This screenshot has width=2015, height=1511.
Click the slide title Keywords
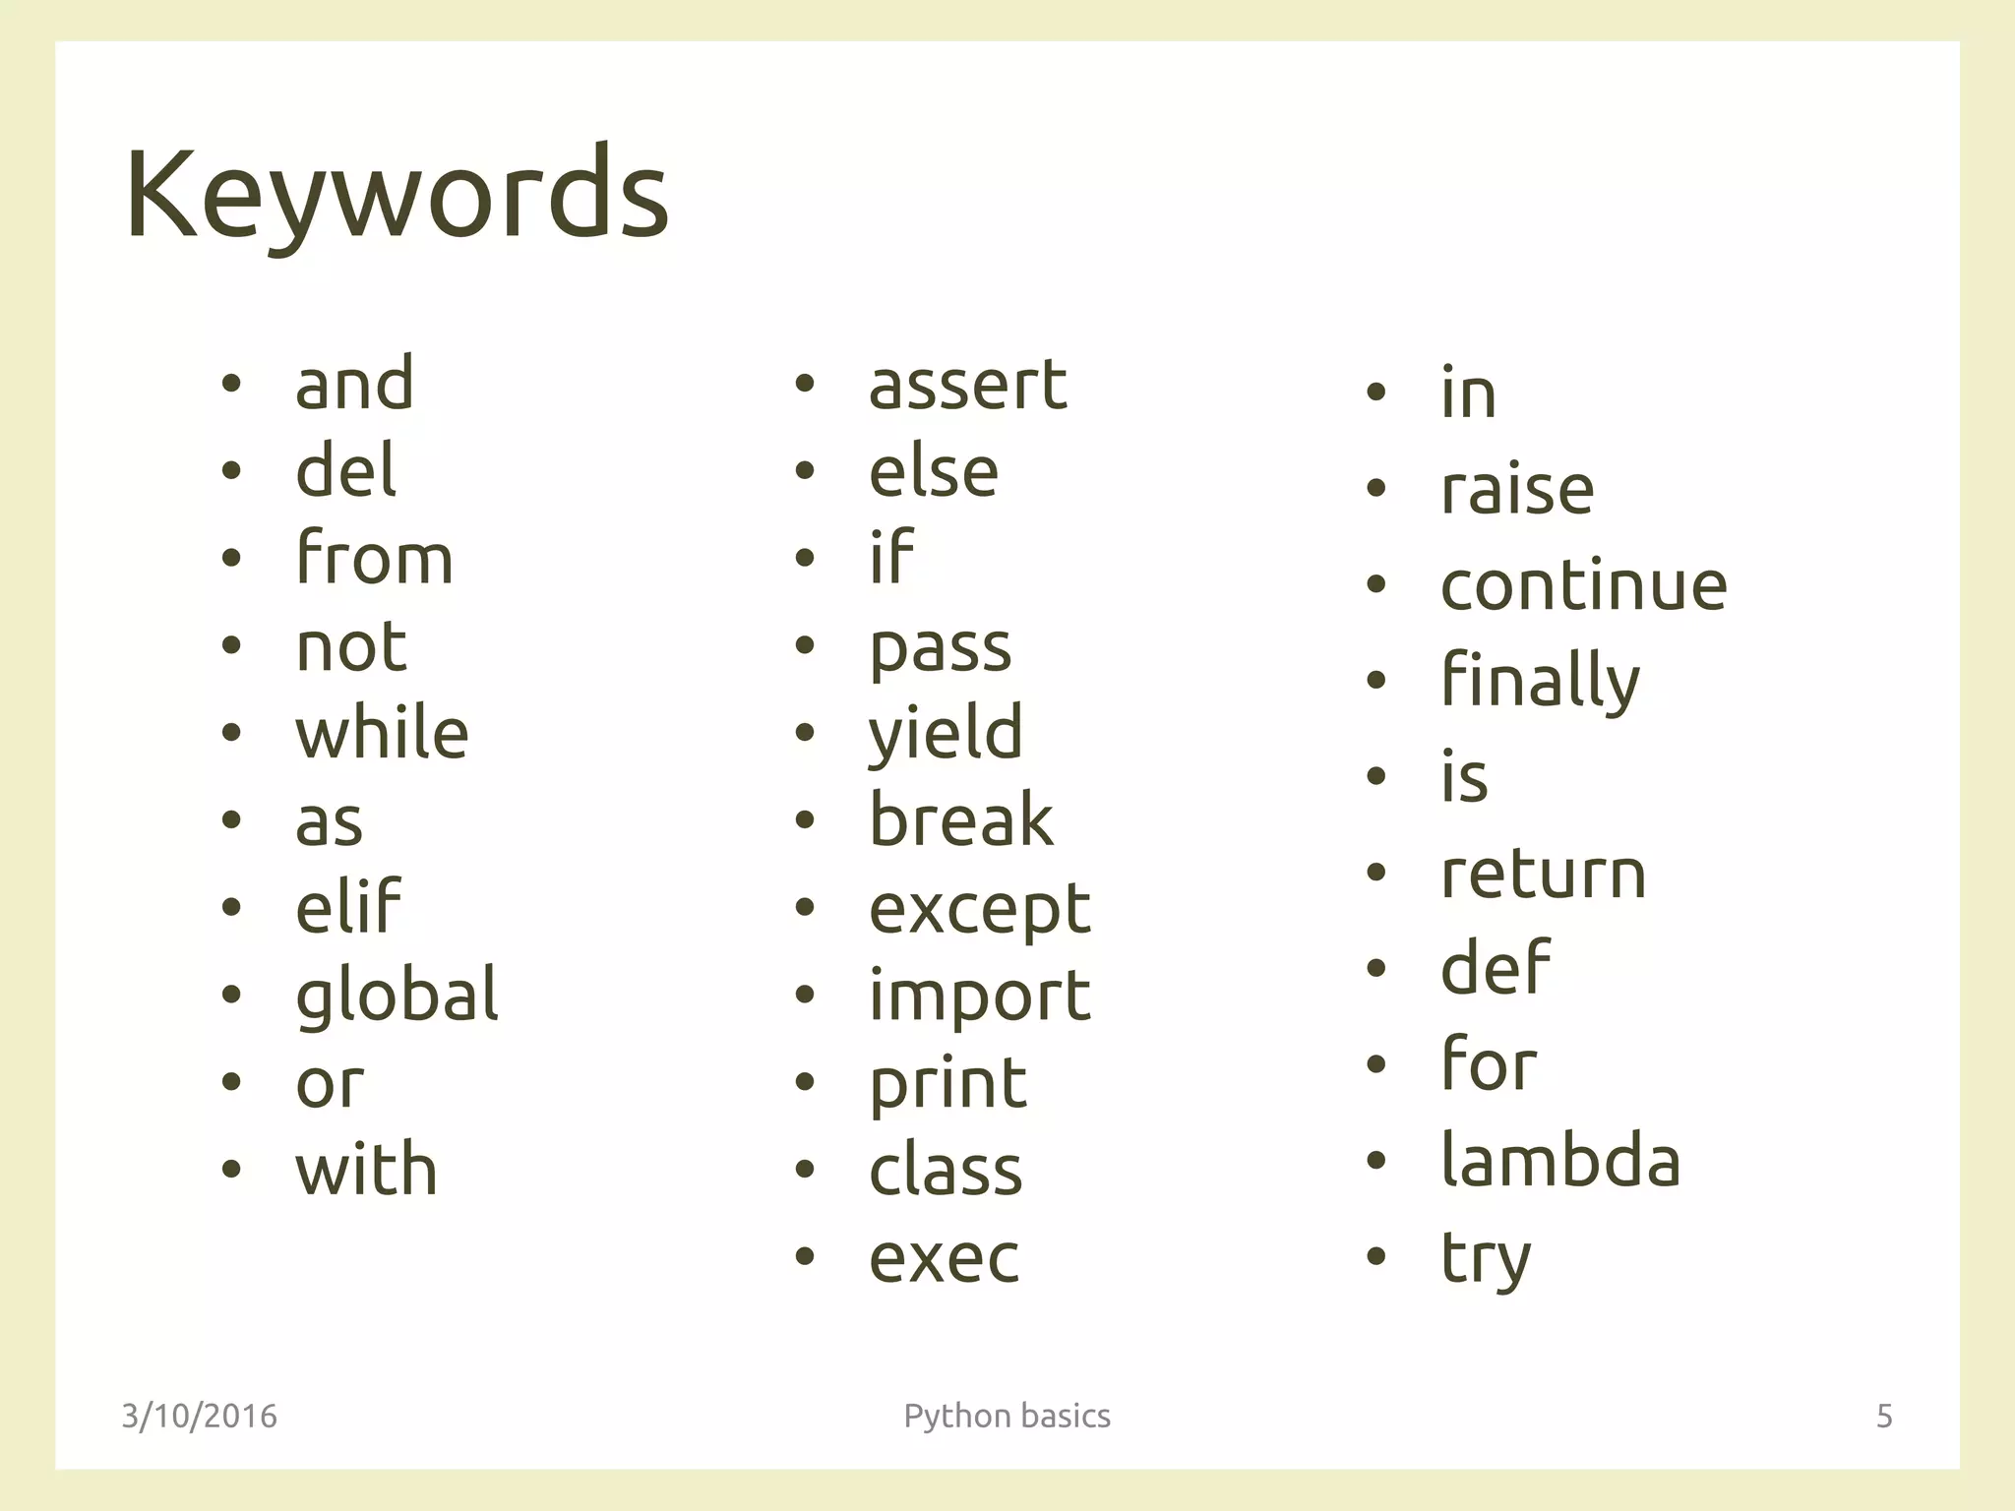(x=397, y=194)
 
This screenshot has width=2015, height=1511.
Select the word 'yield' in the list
(x=946, y=733)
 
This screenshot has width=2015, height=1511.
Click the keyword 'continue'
(x=1583, y=584)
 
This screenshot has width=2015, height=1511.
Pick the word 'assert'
(x=967, y=384)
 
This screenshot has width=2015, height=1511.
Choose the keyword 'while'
(x=382, y=733)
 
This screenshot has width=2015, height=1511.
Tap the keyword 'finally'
(x=1540, y=681)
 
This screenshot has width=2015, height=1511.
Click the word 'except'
(x=979, y=909)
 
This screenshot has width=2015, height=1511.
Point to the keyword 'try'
(x=1486, y=1257)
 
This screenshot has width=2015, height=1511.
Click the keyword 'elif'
(x=348, y=907)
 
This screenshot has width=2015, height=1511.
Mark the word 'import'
(x=979, y=996)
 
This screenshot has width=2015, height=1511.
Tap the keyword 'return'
(x=1543, y=873)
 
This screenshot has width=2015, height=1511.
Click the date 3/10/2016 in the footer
(x=199, y=1416)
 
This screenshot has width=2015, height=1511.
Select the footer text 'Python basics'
(x=1007, y=1416)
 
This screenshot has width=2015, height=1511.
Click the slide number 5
(x=1884, y=1416)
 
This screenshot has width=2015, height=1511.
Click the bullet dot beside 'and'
(x=231, y=385)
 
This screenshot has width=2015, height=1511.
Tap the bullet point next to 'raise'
(x=1376, y=489)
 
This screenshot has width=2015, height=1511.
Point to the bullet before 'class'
(x=805, y=1170)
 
